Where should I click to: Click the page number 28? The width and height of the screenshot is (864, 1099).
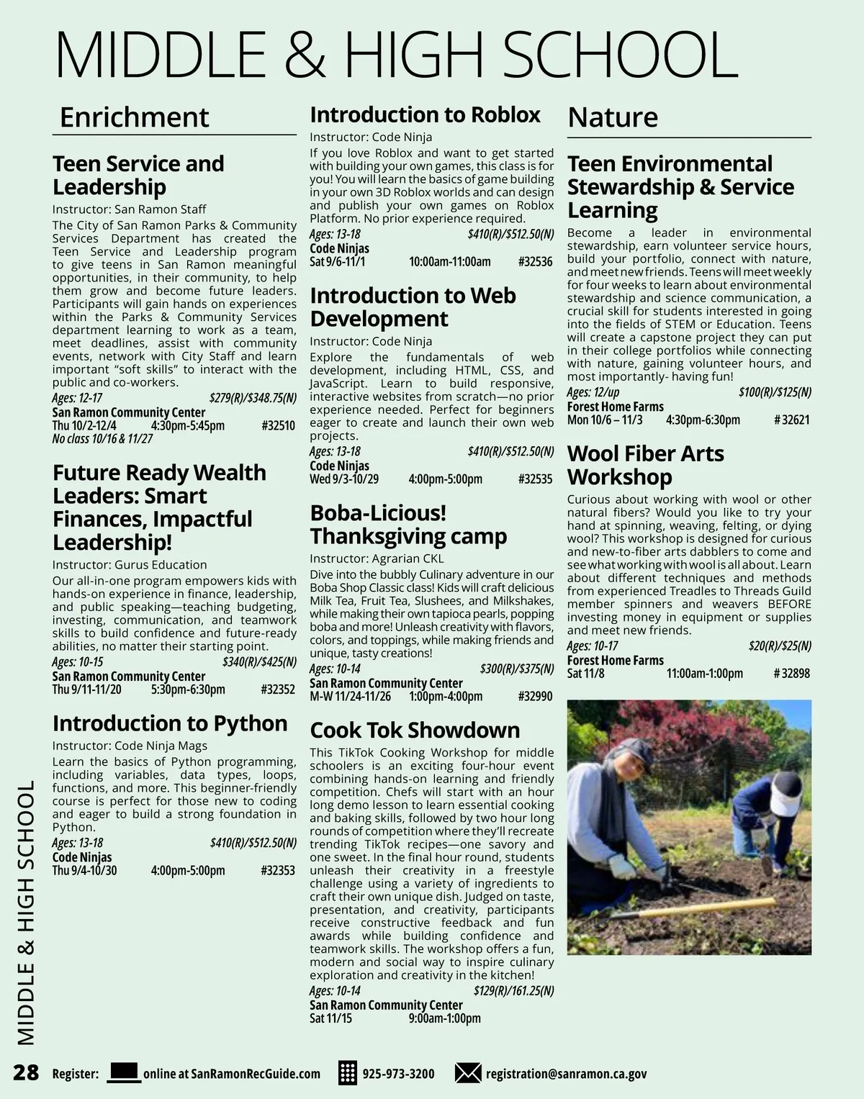point(26,1072)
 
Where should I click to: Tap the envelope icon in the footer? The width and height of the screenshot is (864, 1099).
point(468,1073)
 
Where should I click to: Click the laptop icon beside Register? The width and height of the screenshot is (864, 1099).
point(123,1072)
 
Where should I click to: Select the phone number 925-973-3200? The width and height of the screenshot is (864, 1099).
point(398,1074)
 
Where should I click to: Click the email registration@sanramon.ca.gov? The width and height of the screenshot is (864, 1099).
point(566,1074)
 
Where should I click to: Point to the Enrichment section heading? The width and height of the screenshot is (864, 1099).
point(134,117)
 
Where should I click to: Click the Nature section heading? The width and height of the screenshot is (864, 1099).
point(613,117)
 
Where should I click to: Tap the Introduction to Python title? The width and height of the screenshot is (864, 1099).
point(170,723)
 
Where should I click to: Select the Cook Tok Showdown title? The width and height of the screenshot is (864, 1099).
point(415,730)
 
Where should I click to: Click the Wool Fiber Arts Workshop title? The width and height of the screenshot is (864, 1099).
point(645,465)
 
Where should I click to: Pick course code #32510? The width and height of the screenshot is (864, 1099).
point(279,425)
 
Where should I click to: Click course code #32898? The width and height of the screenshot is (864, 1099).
point(791,674)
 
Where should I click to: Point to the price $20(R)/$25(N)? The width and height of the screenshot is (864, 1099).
point(780,646)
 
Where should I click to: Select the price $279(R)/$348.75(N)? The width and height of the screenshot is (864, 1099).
point(253,398)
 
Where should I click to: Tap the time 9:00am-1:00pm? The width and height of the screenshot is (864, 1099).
point(444,1018)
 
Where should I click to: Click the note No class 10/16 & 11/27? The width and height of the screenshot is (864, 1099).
point(102,438)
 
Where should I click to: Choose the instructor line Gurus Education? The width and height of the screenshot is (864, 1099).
point(130,565)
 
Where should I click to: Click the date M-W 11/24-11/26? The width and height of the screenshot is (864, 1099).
point(350,697)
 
